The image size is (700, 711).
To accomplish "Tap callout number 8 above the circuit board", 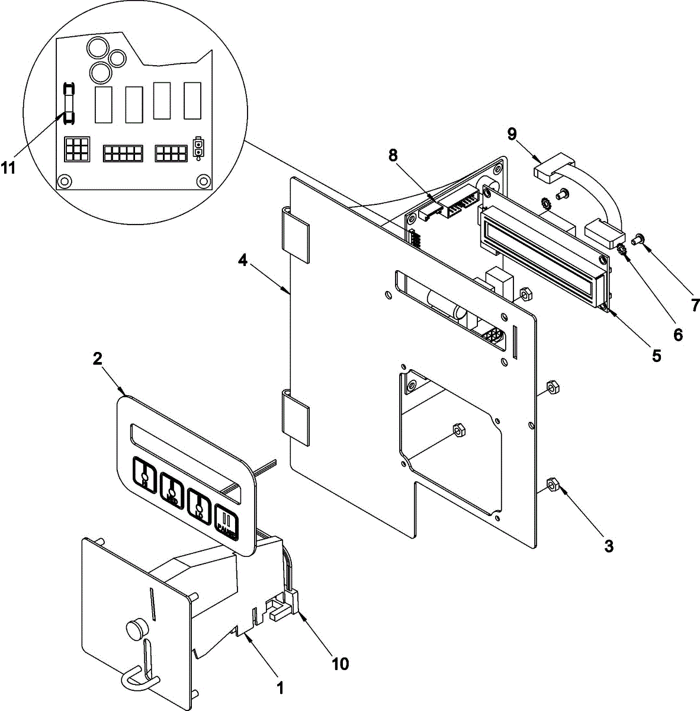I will pos(393,156).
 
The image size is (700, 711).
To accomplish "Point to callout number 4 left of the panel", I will pos(243,260).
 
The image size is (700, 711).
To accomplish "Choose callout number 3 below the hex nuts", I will pos(609,546).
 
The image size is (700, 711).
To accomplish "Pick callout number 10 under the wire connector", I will pos(341,664).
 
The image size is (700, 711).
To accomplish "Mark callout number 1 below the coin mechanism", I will pos(281,688).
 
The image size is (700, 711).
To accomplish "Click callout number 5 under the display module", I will pos(657,355).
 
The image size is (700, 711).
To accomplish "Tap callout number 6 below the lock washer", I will pos(677,335).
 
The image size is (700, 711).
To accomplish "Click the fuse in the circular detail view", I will pos(69,103).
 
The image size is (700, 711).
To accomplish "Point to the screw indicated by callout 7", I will pos(638,240).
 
